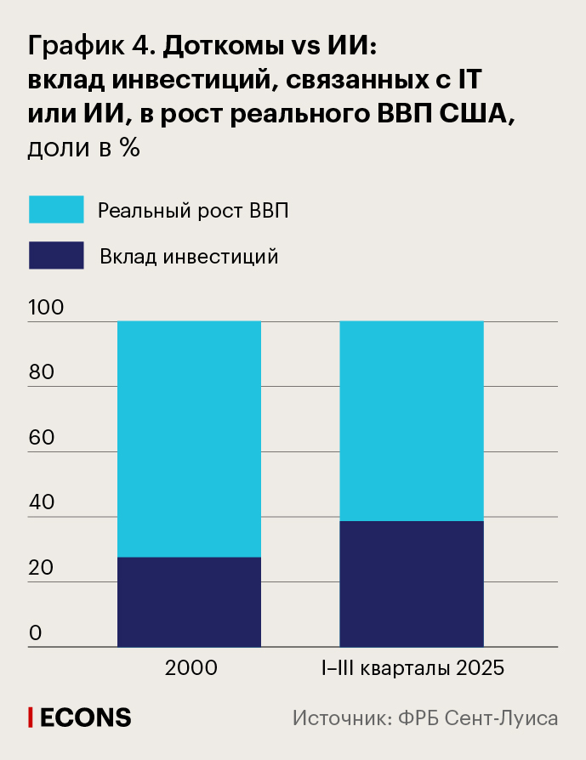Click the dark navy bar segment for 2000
[x=189, y=602]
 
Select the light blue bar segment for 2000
[x=189, y=439]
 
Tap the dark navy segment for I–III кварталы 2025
[x=412, y=584]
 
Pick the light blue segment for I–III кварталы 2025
[x=412, y=421]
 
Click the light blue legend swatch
[x=56, y=209]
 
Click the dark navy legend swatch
[x=56, y=255]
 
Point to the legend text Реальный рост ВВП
[x=193, y=210]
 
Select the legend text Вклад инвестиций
[x=189, y=256]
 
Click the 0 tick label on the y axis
[x=35, y=633]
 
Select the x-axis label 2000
[x=191, y=668]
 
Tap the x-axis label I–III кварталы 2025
[x=412, y=668]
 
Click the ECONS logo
[x=80, y=717]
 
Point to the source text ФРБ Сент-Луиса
[x=481, y=717]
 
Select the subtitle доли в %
[x=83, y=148]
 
